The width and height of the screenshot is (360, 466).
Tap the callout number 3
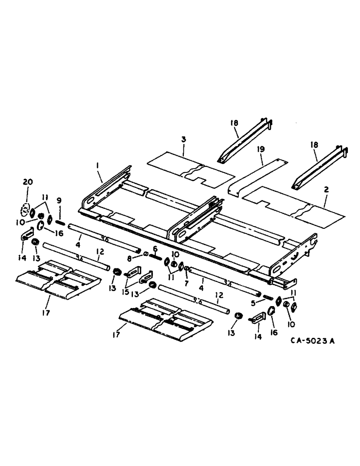click(x=183, y=140)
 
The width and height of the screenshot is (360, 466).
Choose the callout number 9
click(x=59, y=200)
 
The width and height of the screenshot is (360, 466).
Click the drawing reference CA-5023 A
click(x=313, y=341)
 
